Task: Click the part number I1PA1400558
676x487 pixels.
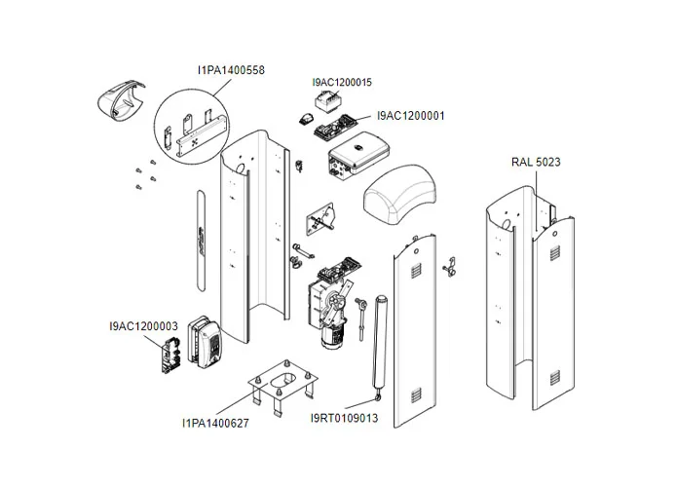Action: click(231, 70)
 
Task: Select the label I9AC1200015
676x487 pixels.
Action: click(342, 83)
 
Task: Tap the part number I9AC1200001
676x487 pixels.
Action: click(410, 116)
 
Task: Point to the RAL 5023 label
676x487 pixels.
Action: click(536, 162)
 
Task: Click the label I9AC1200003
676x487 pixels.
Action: click(142, 326)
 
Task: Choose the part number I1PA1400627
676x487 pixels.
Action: click(215, 423)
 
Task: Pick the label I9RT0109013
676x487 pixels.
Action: click(344, 418)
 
